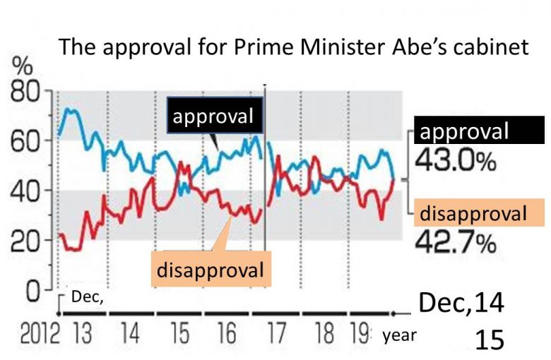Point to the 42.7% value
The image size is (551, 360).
point(456,244)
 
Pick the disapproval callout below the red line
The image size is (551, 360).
point(210,270)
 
